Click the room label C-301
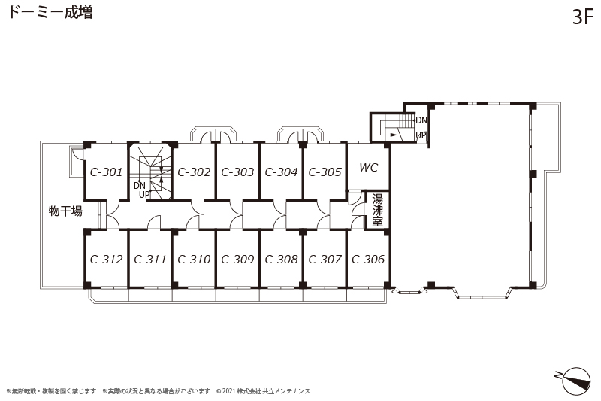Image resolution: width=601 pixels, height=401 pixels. [x=106, y=172]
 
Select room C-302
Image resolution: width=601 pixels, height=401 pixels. [x=194, y=172]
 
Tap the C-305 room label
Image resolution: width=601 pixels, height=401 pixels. [x=325, y=172]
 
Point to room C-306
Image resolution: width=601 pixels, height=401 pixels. [x=368, y=260]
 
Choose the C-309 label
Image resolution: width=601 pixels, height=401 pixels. [x=237, y=260]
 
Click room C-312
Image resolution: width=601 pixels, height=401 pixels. [x=106, y=260]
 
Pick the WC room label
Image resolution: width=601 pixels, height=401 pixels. [x=369, y=168]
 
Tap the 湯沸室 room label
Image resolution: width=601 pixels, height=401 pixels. [x=378, y=211]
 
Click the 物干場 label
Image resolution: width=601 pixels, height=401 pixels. [x=65, y=211]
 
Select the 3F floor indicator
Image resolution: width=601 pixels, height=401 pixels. [x=583, y=17]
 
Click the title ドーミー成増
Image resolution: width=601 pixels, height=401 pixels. [x=50, y=12]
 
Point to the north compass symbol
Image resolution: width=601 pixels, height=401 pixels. [x=574, y=379]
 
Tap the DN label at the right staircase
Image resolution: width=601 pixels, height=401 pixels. [x=421, y=120]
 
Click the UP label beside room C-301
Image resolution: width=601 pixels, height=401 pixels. [x=144, y=195]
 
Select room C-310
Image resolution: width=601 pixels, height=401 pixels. [x=194, y=260]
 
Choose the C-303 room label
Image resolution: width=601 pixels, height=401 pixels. [x=237, y=172]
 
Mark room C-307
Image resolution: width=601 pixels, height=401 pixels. [x=325, y=260]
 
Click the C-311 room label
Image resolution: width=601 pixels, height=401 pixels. [x=150, y=260]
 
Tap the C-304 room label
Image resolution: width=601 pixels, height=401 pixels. [x=281, y=172]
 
